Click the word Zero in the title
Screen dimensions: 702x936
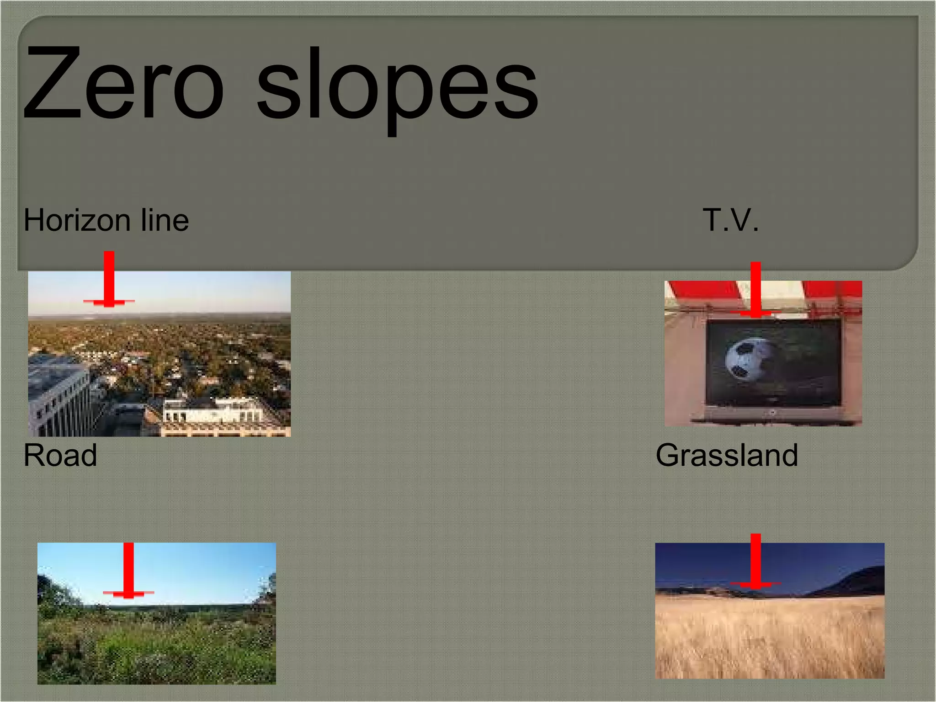coord(123,85)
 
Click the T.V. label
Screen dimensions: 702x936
coord(730,220)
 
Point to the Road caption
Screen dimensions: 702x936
coord(60,455)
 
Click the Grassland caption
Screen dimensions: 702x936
coord(727,455)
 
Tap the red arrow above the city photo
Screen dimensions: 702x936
coord(109,279)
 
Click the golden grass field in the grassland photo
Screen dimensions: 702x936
coord(770,640)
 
